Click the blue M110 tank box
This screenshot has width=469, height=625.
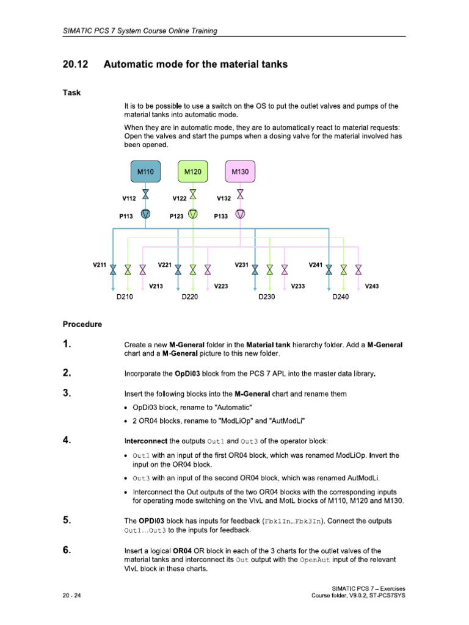pyautogui.click(x=145, y=173)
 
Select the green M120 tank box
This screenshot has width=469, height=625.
pyautogui.click(x=192, y=173)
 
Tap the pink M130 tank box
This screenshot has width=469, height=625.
pyautogui.click(x=240, y=173)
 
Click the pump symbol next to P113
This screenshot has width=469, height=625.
pyautogui.click(x=145, y=214)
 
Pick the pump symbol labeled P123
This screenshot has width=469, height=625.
pyautogui.click(x=192, y=214)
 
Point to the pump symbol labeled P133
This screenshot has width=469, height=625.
pyautogui.click(x=240, y=214)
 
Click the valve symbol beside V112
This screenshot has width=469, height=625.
pyautogui.click(x=145, y=195)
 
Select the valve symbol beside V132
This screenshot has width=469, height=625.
pyautogui.click(x=240, y=195)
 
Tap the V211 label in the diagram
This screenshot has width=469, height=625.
pyautogui.click(x=100, y=265)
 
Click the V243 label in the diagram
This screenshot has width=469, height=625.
pyautogui.click(x=371, y=286)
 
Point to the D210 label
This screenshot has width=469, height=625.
pyautogui.click(x=125, y=297)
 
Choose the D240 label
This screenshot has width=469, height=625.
pyautogui.click(x=341, y=297)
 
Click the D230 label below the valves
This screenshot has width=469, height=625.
pyautogui.click(x=267, y=297)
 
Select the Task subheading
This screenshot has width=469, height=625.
pyautogui.click(x=71, y=93)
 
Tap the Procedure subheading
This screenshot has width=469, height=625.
pyautogui.click(x=82, y=324)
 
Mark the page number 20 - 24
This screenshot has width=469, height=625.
pyautogui.click(x=72, y=595)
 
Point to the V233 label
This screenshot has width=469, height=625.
pyautogui.click(x=298, y=286)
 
